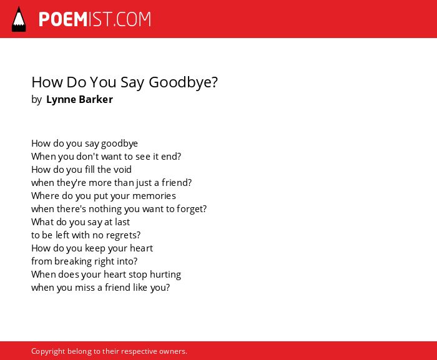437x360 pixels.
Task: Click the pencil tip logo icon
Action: pos(19,19)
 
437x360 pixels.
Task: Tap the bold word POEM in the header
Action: pos(63,19)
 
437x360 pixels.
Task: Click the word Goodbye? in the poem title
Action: pos(183,82)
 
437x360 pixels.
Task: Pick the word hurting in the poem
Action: pos(165,275)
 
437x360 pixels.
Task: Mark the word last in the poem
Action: pos(122,222)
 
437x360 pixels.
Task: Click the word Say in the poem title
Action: pos(132,83)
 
